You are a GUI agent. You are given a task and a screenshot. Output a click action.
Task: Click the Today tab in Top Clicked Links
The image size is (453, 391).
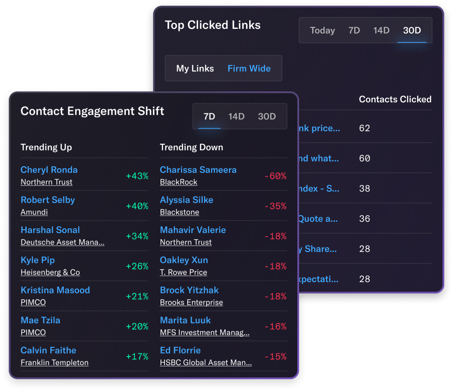click(x=322, y=31)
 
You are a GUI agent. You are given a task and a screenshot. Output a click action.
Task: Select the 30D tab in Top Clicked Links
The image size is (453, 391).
click(x=412, y=31)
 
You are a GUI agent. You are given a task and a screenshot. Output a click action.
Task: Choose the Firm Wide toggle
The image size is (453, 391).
click(x=249, y=69)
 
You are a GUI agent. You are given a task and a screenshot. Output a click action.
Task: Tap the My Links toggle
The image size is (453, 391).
click(x=195, y=69)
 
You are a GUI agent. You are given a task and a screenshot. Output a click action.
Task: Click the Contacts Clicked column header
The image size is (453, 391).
click(x=395, y=99)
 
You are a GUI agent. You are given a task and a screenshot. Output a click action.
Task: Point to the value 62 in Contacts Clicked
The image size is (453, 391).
click(x=364, y=128)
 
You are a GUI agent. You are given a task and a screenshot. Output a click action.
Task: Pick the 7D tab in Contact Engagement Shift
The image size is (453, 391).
click(x=209, y=116)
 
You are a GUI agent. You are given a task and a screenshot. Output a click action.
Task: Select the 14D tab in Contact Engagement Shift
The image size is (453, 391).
click(x=236, y=116)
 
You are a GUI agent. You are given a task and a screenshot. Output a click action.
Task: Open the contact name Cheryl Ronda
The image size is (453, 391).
click(x=49, y=170)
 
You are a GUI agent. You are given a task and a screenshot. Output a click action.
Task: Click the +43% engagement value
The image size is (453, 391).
click(x=137, y=176)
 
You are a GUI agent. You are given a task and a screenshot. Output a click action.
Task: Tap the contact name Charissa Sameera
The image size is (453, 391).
click(x=198, y=170)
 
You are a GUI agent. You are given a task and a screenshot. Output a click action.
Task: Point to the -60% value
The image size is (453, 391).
click(x=275, y=176)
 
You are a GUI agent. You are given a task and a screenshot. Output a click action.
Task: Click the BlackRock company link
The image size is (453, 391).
click(x=178, y=182)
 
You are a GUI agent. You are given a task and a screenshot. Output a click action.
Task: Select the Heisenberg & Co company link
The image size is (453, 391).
click(x=50, y=272)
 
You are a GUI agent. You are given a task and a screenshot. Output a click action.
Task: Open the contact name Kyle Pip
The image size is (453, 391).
click(x=38, y=260)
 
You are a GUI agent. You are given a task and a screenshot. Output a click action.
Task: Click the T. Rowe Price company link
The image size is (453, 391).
click(x=184, y=272)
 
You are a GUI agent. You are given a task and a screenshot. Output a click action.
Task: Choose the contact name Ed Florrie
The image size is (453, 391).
click(x=180, y=350)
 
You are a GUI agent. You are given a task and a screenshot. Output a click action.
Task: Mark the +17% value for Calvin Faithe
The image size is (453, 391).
click(x=137, y=356)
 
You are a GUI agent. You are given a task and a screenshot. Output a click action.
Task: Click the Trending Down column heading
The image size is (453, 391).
click(x=192, y=147)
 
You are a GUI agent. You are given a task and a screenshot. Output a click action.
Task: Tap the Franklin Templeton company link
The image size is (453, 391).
click(x=55, y=363)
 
